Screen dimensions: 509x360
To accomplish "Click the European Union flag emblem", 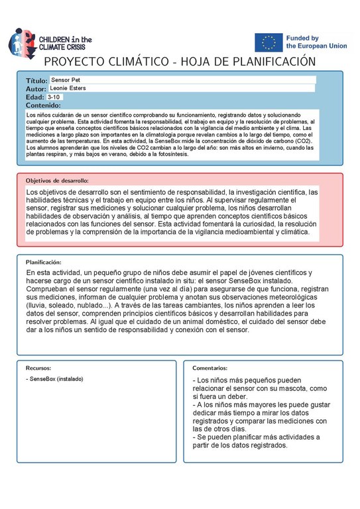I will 269,42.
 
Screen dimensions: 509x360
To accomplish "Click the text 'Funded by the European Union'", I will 311,42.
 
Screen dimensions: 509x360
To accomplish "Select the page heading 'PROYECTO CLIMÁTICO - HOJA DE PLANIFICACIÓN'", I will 180,62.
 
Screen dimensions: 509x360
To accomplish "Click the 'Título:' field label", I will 36,80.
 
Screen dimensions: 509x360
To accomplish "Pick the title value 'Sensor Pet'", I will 65,80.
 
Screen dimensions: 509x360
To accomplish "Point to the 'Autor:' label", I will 36,89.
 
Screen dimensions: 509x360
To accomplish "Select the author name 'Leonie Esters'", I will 68,88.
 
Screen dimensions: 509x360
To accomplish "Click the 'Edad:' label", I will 34,97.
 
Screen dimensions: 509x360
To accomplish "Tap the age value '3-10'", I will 54,97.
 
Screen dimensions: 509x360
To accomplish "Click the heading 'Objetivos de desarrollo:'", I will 57,180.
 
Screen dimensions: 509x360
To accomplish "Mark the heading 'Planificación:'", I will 44,262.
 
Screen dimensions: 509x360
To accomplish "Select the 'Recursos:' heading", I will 38,367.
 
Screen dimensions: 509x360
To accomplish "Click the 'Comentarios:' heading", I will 210,367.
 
